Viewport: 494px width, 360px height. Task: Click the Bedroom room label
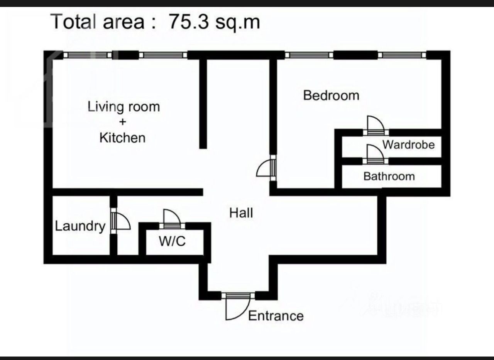(331, 95)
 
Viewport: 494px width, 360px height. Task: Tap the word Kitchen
(122, 138)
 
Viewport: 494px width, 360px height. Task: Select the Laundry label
(80, 226)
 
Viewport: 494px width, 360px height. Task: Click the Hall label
(241, 213)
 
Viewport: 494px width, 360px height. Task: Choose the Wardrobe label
(408, 145)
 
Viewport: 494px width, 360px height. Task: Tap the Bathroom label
(389, 177)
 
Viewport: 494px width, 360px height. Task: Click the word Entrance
(276, 316)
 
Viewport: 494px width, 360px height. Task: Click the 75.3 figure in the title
(189, 22)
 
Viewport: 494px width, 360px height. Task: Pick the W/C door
(172, 219)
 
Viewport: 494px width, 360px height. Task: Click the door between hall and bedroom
(266, 168)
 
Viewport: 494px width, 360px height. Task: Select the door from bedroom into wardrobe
(376, 126)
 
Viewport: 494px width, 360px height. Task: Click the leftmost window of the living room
(88, 55)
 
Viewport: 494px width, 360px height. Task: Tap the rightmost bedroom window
(402, 55)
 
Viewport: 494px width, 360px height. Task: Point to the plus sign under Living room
(123, 122)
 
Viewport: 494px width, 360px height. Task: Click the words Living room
(124, 107)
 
